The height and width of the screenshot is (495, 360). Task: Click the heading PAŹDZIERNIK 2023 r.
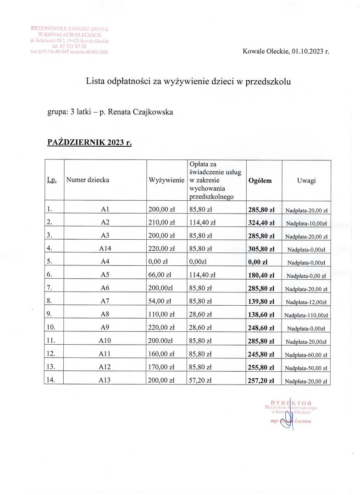[x=89, y=142]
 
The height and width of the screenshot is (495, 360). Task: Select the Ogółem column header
[x=260, y=181]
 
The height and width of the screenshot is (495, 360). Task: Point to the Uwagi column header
[x=306, y=181]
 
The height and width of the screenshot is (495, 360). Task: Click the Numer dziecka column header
[x=88, y=180]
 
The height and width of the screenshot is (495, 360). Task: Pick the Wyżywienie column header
[x=166, y=180]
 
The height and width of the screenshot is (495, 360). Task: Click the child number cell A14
[x=104, y=249]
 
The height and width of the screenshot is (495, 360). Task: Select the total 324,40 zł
[x=261, y=223]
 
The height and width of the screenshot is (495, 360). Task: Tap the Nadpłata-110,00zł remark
[x=306, y=316]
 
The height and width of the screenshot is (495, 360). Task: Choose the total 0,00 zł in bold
[x=258, y=263]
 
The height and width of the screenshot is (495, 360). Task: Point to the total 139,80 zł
[x=261, y=302]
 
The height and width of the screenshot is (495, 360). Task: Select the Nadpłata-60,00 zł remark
[x=306, y=355]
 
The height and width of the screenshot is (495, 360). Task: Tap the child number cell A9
[x=104, y=328]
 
